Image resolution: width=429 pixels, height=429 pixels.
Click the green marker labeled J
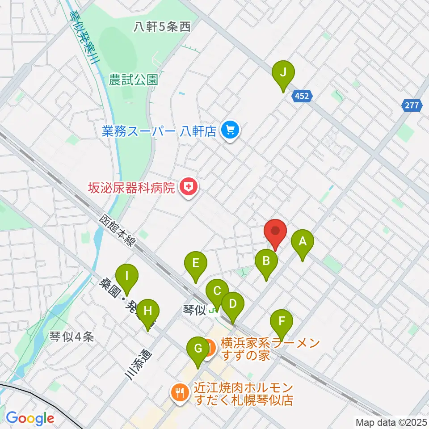tap(283, 72)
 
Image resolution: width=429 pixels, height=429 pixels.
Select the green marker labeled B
tap(266, 261)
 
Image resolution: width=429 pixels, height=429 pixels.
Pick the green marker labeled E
tap(195, 263)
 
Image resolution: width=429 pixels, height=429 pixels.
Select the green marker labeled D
tap(232, 304)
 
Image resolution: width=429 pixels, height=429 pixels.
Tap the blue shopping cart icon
tap(230, 130)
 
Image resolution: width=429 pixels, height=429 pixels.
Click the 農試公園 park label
tap(134, 80)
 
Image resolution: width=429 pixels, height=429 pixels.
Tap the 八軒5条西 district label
tap(162, 27)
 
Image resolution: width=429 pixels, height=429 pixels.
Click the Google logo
tap(30, 418)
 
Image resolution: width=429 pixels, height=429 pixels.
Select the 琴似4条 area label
tap(71, 337)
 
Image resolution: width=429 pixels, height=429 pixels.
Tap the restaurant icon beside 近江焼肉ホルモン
tap(180, 393)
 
